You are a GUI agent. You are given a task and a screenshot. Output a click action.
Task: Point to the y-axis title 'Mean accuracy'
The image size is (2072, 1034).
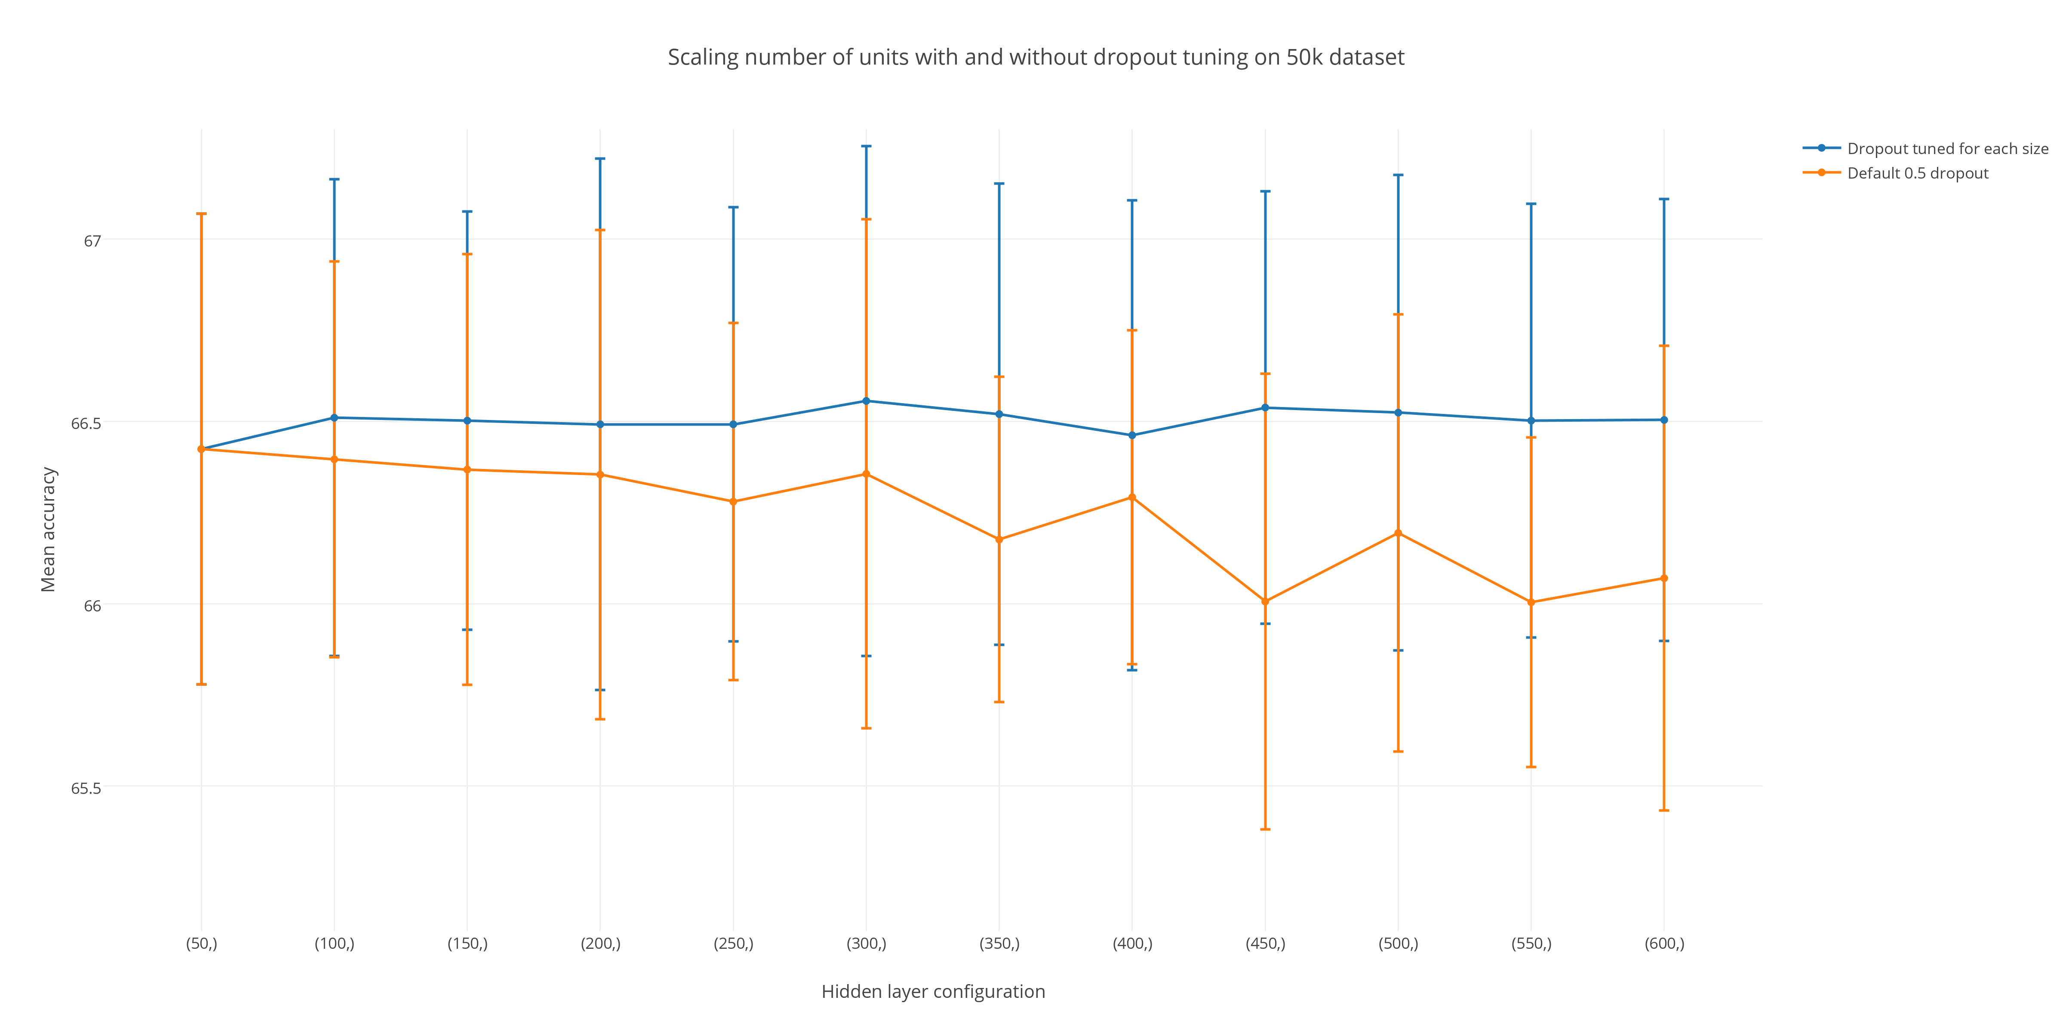pos(48,529)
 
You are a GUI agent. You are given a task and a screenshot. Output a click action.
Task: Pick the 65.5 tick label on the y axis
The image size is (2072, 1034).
pos(86,788)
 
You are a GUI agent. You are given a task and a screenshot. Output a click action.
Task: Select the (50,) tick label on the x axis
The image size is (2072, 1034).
pos(201,943)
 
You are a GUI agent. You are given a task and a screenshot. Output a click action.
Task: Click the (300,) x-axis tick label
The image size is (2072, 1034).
pos(866,943)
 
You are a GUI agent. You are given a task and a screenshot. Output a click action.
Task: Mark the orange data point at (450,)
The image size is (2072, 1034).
pos(1265,601)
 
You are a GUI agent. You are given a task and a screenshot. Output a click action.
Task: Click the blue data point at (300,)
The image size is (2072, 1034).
pos(866,401)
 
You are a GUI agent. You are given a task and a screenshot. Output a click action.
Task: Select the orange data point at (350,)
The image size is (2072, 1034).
pos(999,539)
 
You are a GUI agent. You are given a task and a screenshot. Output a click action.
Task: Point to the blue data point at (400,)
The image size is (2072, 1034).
pos(1132,435)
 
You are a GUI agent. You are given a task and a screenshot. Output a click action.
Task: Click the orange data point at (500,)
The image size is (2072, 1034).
pos(1398,533)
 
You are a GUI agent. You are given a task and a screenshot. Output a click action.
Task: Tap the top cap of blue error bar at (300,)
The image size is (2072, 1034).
pos(866,146)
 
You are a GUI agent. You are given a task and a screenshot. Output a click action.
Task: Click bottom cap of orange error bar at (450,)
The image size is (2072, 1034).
pos(1265,829)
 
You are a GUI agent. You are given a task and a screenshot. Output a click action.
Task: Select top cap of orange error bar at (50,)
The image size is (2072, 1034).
pos(201,214)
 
